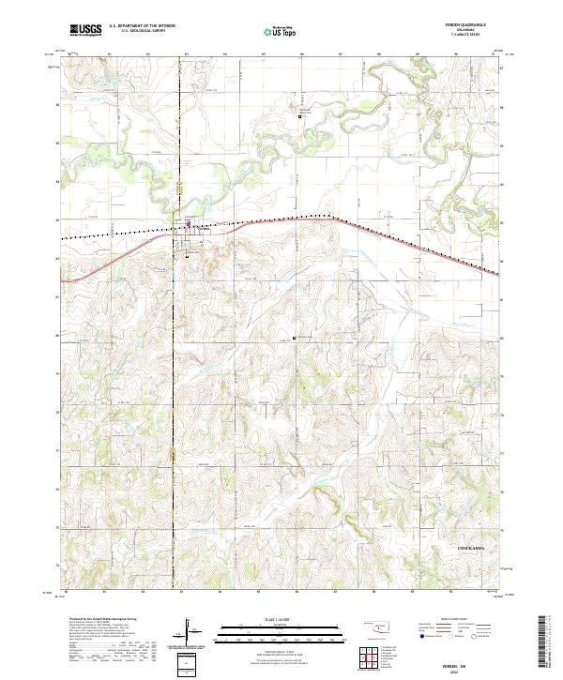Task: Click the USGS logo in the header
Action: [86, 32]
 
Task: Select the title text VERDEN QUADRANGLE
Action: [460, 25]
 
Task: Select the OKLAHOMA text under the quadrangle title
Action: [460, 30]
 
